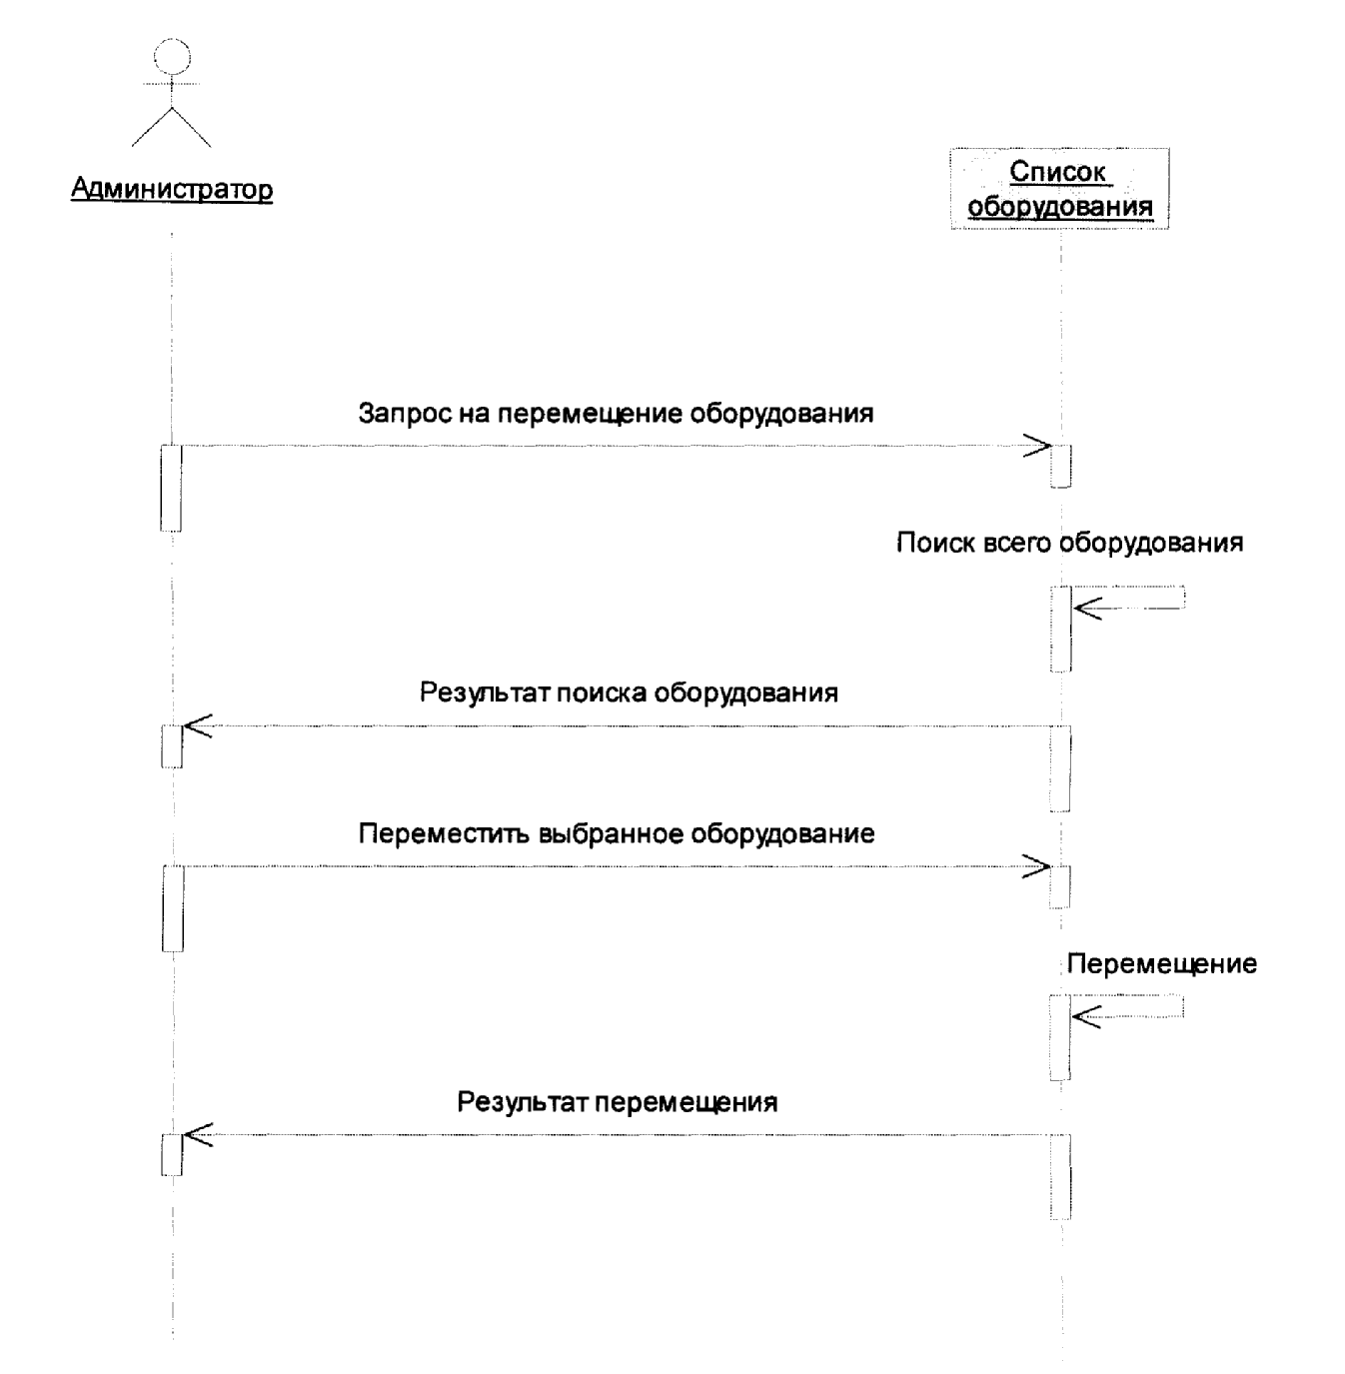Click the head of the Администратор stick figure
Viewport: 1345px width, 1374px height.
coord(172,56)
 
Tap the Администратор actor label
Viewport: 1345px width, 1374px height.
coord(172,189)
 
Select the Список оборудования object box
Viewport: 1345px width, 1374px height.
coord(1060,188)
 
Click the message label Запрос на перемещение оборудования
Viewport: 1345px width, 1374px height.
coord(617,414)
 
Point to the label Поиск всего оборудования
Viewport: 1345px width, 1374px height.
coord(1070,543)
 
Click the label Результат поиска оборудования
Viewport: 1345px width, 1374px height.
coord(629,692)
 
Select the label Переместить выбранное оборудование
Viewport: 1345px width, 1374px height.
coord(617,833)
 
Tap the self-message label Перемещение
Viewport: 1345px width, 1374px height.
coord(1162,964)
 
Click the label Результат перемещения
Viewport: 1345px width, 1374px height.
coord(617,1102)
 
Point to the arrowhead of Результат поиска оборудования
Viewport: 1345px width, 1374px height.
coord(198,725)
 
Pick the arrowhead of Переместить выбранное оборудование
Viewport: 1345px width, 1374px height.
coord(1037,866)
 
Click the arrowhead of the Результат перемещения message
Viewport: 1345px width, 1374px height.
coord(198,1134)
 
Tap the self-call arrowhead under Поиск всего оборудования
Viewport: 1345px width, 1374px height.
coord(1087,609)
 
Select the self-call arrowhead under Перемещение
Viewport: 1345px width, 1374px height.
coord(1086,1017)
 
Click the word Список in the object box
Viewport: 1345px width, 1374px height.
coord(1057,171)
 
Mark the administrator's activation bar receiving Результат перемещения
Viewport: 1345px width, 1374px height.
coord(172,1154)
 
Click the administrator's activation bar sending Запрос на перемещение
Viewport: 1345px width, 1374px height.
coord(171,489)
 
